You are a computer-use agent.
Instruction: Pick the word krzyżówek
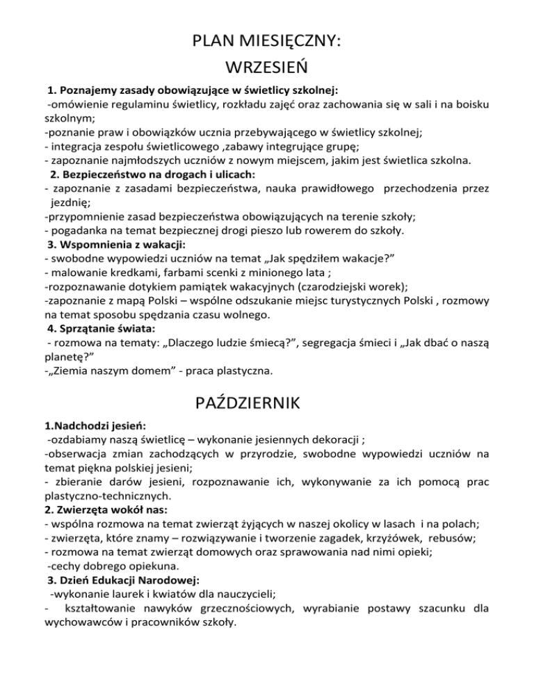coord(413,528)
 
